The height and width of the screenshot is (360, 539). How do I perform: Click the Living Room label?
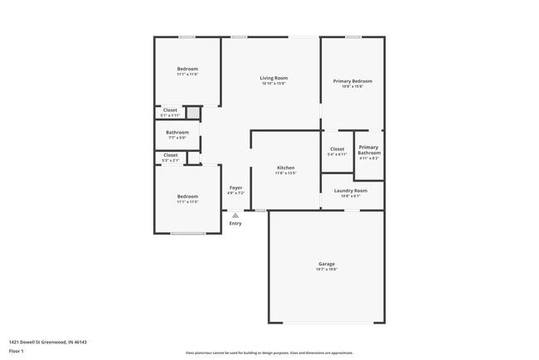[274, 78]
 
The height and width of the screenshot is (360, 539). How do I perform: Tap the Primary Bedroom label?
[352, 81]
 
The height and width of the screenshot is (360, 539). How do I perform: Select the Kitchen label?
[285, 168]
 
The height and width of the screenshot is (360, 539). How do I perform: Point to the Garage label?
[327, 264]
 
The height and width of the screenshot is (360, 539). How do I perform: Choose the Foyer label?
[236, 188]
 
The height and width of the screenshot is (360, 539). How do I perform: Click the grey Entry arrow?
[236, 216]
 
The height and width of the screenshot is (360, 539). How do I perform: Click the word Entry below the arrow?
[236, 223]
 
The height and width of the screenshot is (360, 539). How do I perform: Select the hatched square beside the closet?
[192, 112]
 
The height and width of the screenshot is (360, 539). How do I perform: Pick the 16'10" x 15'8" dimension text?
[274, 84]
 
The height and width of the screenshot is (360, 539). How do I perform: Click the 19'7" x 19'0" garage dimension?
[327, 270]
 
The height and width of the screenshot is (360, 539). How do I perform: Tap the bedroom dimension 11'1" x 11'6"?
[187, 75]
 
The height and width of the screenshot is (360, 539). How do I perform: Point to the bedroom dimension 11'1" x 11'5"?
[187, 202]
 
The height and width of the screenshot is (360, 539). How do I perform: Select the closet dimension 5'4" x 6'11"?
[337, 154]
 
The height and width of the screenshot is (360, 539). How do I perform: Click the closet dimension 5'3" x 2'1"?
[170, 160]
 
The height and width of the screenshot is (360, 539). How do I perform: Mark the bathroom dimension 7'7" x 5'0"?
[177, 138]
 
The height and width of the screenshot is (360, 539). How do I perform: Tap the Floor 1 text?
[17, 351]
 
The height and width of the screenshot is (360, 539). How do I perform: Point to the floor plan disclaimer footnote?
[269, 352]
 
